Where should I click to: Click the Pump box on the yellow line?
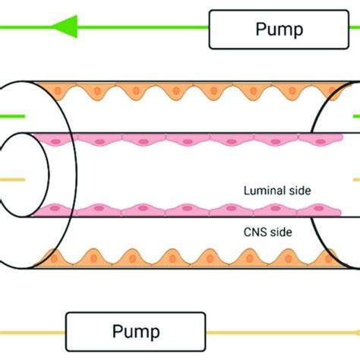[136, 331]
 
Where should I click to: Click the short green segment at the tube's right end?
[355, 116]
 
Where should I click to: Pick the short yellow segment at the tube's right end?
[355, 180]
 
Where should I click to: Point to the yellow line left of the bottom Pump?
[34, 332]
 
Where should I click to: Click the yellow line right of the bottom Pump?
[281, 332]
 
